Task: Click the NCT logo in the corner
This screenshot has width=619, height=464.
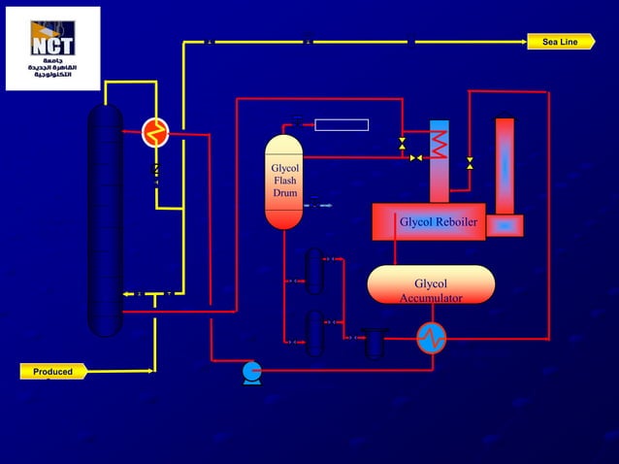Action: click(x=52, y=48)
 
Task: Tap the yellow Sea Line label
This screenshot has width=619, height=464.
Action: click(x=560, y=42)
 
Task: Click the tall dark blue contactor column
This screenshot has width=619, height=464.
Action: click(x=105, y=220)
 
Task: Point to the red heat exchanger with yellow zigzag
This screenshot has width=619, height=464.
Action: click(x=154, y=132)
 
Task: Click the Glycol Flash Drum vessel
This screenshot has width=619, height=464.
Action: click(x=284, y=182)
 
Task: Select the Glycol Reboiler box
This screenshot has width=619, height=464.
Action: click(x=429, y=222)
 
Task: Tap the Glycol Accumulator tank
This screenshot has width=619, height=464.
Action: click(x=431, y=284)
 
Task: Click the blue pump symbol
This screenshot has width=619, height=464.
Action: click(x=251, y=372)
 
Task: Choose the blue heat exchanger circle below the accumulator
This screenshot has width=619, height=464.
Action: click(x=431, y=338)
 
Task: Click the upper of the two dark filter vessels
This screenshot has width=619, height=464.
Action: click(x=313, y=271)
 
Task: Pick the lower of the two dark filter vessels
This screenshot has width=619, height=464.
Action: click(x=313, y=333)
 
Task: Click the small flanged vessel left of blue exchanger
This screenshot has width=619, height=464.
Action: click(x=375, y=343)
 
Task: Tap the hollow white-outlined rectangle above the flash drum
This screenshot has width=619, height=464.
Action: click(x=342, y=124)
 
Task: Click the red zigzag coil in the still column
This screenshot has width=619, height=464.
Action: click(x=440, y=146)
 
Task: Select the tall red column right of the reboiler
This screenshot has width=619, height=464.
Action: click(x=505, y=165)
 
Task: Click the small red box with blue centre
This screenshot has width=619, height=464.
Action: click(x=505, y=225)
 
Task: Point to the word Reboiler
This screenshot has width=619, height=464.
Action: click(x=454, y=223)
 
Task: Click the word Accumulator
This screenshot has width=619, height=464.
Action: click(x=431, y=298)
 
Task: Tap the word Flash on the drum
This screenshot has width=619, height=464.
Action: click(x=285, y=181)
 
